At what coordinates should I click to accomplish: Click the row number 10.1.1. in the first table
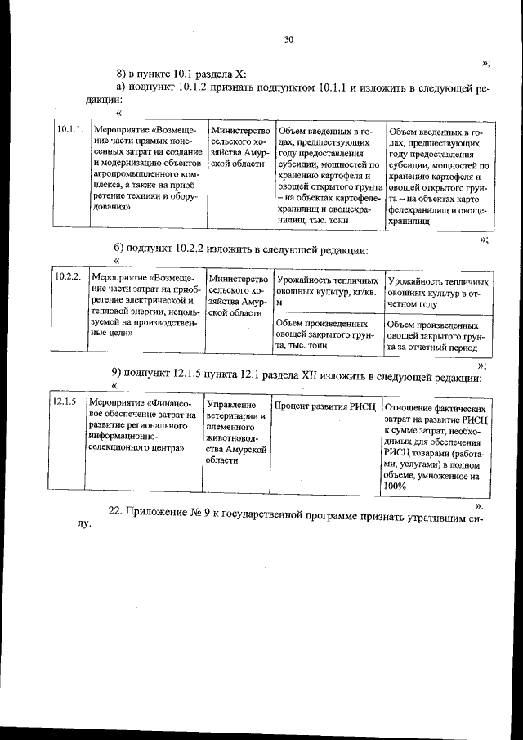point(69,130)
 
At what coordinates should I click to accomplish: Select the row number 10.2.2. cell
point(67,277)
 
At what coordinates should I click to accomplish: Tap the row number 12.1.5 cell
point(65,402)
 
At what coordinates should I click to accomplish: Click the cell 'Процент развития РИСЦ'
point(324,406)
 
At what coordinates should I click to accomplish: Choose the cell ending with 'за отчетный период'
point(438,335)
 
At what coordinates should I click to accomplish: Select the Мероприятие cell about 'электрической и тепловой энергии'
point(144,305)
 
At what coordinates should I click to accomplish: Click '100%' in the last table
point(393,486)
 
